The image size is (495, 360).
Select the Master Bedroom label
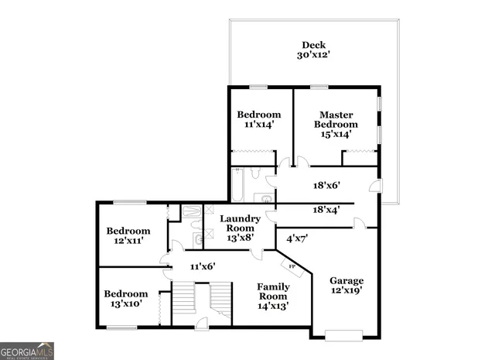click(336, 119)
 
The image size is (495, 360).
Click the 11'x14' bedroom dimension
click(258, 124)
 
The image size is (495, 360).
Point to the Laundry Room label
click(240, 223)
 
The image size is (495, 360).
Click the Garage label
click(346, 280)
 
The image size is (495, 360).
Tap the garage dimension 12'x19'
click(346, 290)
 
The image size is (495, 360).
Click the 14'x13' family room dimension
click(273, 306)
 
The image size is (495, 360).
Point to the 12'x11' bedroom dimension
click(128, 242)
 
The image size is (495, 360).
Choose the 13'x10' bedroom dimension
click(126, 304)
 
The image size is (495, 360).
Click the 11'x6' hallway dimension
click(203, 266)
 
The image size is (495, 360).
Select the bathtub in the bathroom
click(238, 186)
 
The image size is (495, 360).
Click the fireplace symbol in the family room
click(293, 267)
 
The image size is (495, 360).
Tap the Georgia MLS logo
click(27, 351)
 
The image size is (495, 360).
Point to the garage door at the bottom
click(343, 334)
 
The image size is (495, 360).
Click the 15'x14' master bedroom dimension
click(336, 134)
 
